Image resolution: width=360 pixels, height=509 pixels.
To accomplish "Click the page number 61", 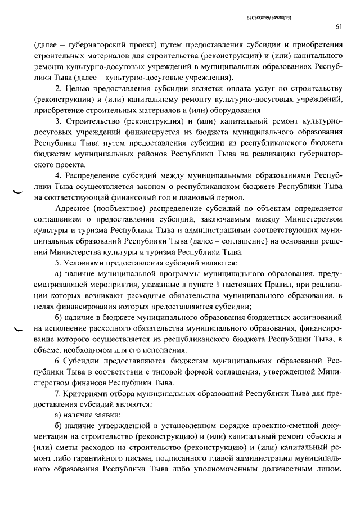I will click(x=339, y=26).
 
